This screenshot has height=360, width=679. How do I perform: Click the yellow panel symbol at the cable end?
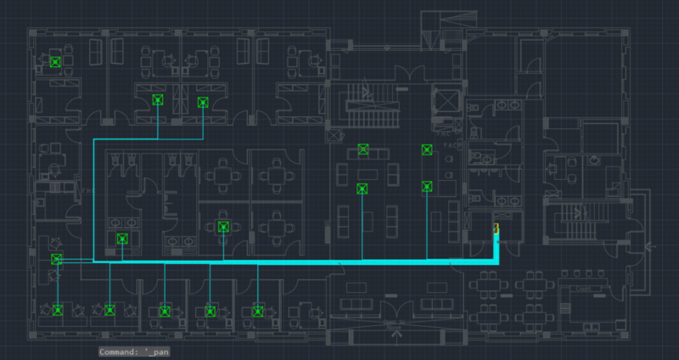[x=496, y=228]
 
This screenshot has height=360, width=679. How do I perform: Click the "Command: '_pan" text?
[x=135, y=351]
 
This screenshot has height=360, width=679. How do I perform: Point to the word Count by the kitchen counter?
[x=583, y=289]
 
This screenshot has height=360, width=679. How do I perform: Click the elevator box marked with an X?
[x=444, y=101]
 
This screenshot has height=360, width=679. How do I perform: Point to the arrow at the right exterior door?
[x=649, y=247]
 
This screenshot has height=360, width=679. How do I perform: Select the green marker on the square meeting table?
[x=223, y=226]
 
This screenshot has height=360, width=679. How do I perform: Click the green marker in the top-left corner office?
[x=55, y=61]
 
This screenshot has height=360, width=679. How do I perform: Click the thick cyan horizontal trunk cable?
[x=297, y=263]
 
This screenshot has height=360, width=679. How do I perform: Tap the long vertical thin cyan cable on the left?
[x=93, y=200]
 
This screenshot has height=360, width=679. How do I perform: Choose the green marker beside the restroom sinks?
[x=122, y=239]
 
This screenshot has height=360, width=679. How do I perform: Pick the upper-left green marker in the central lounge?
[x=363, y=149]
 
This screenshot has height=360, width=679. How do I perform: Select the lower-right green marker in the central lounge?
[x=427, y=187]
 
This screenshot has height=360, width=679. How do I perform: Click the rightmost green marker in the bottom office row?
[x=258, y=312]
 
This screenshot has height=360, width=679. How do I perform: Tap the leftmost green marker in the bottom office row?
[x=58, y=310]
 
